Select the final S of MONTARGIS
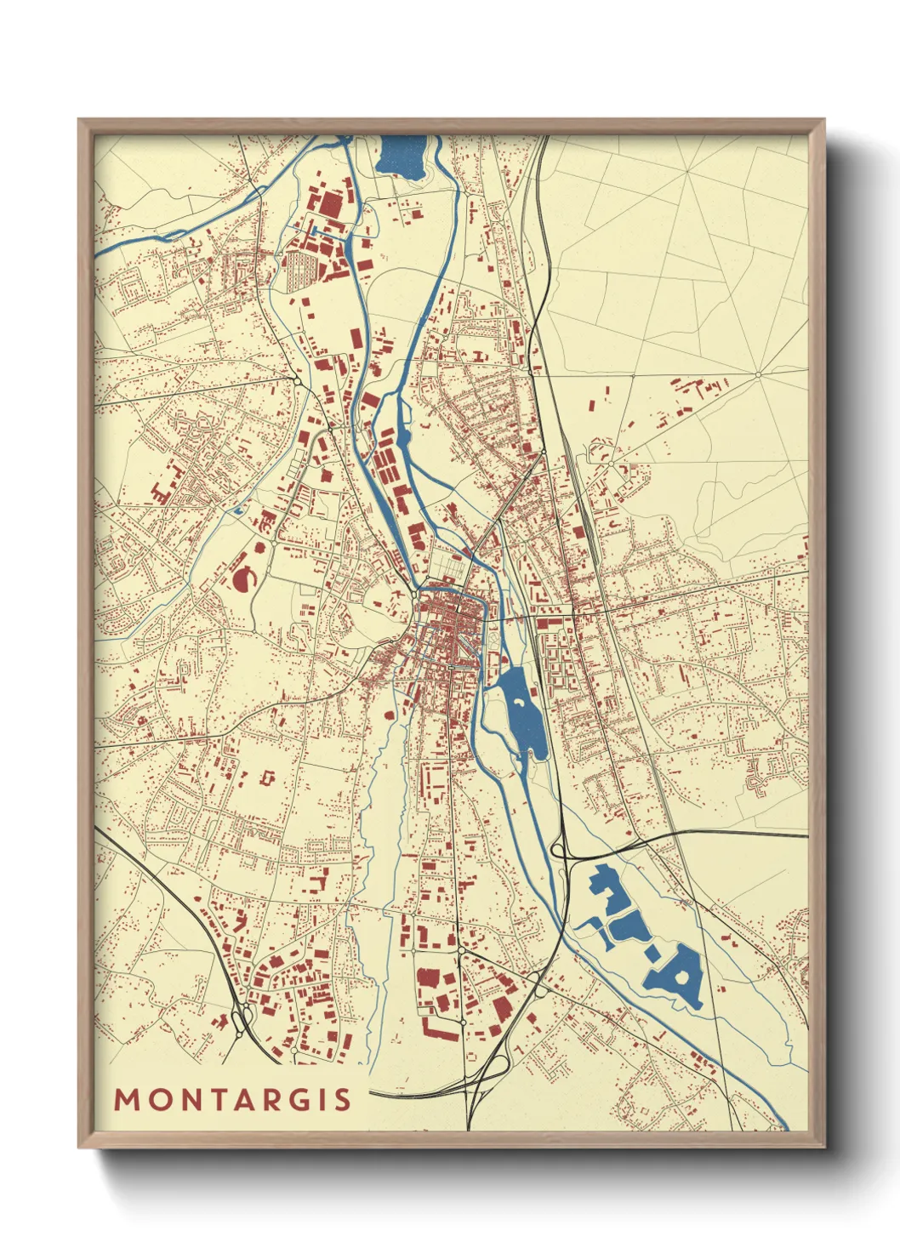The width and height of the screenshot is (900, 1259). (342, 1100)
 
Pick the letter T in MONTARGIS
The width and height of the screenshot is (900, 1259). (209, 1100)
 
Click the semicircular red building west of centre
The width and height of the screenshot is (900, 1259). (242, 578)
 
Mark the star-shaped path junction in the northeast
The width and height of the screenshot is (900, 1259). (758, 374)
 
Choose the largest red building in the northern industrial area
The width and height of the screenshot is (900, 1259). (328, 204)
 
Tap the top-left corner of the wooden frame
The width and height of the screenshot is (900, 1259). (80, 121)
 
